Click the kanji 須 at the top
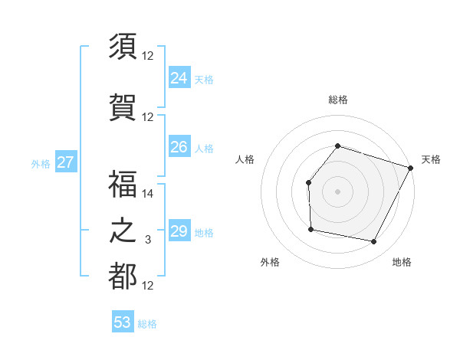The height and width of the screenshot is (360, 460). click(x=123, y=47)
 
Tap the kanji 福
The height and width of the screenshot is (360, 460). click(x=123, y=185)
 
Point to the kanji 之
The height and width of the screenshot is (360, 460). click(x=123, y=231)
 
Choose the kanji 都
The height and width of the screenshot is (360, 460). click(x=123, y=277)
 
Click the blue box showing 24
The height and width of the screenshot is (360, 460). click(x=179, y=78)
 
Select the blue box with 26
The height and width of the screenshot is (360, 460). click(x=179, y=147)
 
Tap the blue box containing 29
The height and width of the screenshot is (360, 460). click(x=179, y=231)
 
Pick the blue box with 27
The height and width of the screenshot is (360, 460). click(x=65, y=162)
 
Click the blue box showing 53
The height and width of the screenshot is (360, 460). click(x=123, y=322)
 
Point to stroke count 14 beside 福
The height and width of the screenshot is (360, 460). click(x=148, y=194)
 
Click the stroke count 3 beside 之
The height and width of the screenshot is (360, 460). click(x=148, y=240)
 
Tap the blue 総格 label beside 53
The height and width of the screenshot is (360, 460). click(x=147, y=324)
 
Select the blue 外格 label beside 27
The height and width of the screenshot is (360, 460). click(x=41, y=163)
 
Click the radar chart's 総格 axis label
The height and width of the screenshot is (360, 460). click(x=337, y=100)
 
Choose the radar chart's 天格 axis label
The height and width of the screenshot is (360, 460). click(x=431, y=159)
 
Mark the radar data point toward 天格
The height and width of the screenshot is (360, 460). click(x=410, y=168)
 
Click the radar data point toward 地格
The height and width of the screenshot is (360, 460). click(x=374, y=242)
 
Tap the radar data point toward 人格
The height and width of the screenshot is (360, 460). click(x=308, y=182)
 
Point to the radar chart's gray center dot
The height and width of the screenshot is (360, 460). click(x=337, y=191)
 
